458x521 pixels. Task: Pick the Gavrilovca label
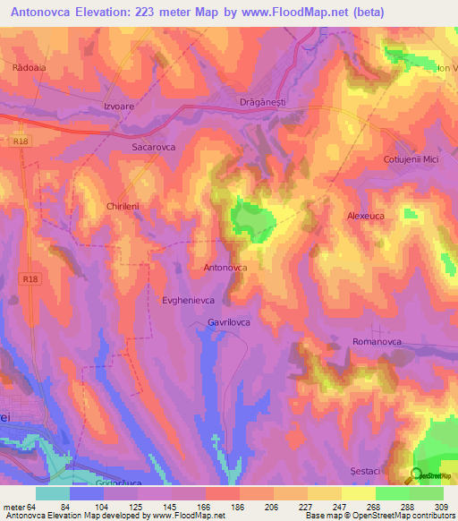(x=232, y=321)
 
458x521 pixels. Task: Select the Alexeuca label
(x=366, y=216)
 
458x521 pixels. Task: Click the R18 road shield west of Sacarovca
(x=22, y=141)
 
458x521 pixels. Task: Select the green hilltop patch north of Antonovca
(x=252, y=218)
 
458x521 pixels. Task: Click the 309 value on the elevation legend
(x=442, y=507)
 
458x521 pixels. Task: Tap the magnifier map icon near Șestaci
(x=417, y=476)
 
